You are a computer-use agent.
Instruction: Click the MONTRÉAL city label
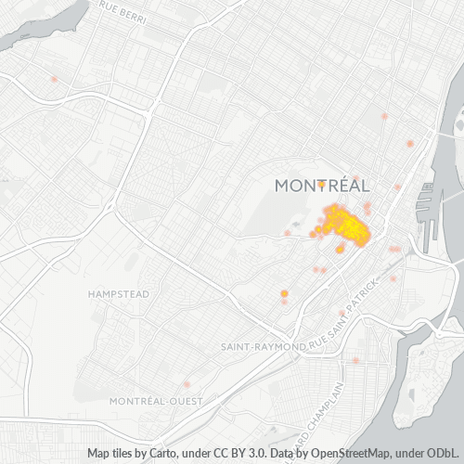click(323, 186)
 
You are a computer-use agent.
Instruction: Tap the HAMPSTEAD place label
click(118, 294)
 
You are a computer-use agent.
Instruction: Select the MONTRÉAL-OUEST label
click(150, 401)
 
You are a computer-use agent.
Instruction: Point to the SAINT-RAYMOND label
click(264, 346)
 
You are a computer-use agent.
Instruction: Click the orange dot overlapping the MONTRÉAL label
click(321, 184)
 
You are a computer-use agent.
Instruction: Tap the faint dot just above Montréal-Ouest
click(187, 384)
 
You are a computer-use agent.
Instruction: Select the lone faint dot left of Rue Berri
click(55, 79)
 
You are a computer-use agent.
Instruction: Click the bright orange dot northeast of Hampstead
click(284, 293)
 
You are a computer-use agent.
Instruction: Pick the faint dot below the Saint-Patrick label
click(355, 360)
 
